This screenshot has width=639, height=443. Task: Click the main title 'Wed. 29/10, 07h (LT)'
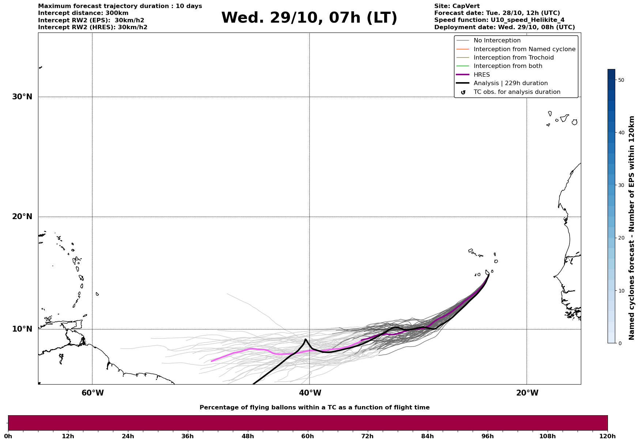click(309, 18)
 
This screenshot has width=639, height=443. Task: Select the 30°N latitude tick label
click(22, 97)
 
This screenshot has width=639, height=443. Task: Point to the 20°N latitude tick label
click(22, 217)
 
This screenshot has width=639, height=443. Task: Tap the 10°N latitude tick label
click(22, 329)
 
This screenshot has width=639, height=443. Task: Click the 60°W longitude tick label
click(92, 393)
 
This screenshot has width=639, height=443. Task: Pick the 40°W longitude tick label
click(310, 393)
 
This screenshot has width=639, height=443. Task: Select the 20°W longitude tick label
click(527, 393)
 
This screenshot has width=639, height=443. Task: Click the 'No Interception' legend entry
click(497, 41)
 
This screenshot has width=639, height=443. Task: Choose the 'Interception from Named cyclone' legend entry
click(524, 49)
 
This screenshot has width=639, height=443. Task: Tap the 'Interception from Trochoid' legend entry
click(513, 58)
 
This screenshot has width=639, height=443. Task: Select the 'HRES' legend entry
click(481, 75)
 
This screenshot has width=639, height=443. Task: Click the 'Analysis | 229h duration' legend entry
click(510, 83)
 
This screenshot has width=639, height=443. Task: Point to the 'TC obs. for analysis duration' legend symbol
click(463, 92)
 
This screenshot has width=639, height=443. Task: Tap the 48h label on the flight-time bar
click(247, 436)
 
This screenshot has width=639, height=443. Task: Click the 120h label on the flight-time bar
click(608, 436)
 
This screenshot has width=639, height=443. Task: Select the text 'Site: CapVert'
click(457, 6)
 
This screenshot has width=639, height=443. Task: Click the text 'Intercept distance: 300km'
click(83, 13)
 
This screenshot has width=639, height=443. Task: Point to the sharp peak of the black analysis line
click(305, 340)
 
